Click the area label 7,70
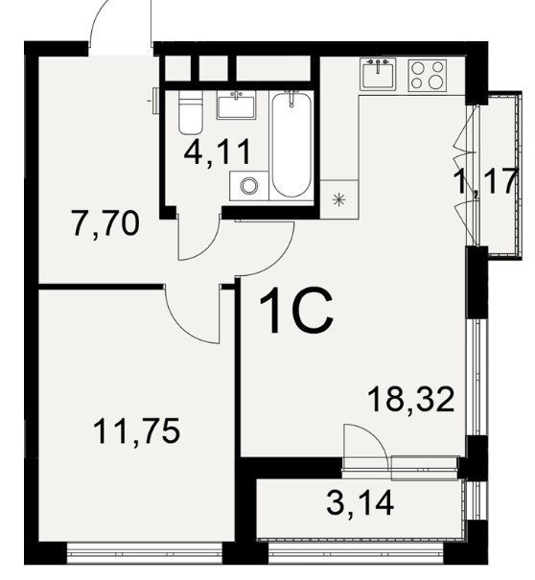[x=106, y=224]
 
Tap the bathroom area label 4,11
[x=218, y=152]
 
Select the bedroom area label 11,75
[x=137, y=431]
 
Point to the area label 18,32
[x=411, y=400]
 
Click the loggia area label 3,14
[x=361, y=503]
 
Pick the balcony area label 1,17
[x=487, y=182]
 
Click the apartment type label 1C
[x=296, y=311]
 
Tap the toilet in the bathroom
[x=191, y=112]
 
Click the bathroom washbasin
[x=236, y=105]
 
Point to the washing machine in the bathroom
[x=249, y=186]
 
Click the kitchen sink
[x=378, y=73]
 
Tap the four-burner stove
[x=428, y=76]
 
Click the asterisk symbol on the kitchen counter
[x=338, y=200]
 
